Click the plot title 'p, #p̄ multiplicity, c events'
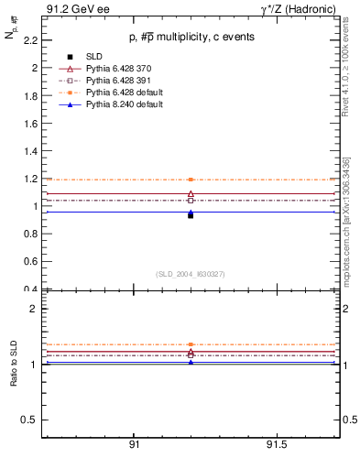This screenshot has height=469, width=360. coord(190,37)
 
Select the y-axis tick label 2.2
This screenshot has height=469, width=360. coord(30,40)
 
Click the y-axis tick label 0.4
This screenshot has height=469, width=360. coord(30,289)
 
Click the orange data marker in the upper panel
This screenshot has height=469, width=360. coord(191,180)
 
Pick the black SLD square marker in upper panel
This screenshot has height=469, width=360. coord(191,215)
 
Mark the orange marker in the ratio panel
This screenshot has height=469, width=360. coord(191,344)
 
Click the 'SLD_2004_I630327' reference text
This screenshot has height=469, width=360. coord(190,274)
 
